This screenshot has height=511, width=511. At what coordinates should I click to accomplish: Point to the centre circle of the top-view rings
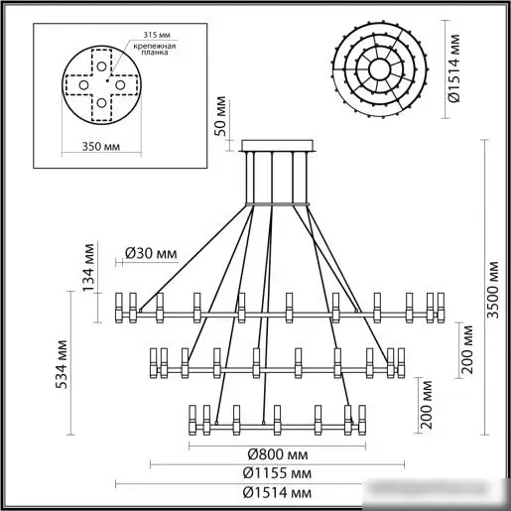pyautogui.click(x=380, y=67)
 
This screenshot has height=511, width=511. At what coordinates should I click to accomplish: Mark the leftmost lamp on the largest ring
pyautogui.click(x=121, y=306)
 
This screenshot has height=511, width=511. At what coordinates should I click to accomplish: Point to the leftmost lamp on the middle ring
pyautogui.click(x=156, y=360)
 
